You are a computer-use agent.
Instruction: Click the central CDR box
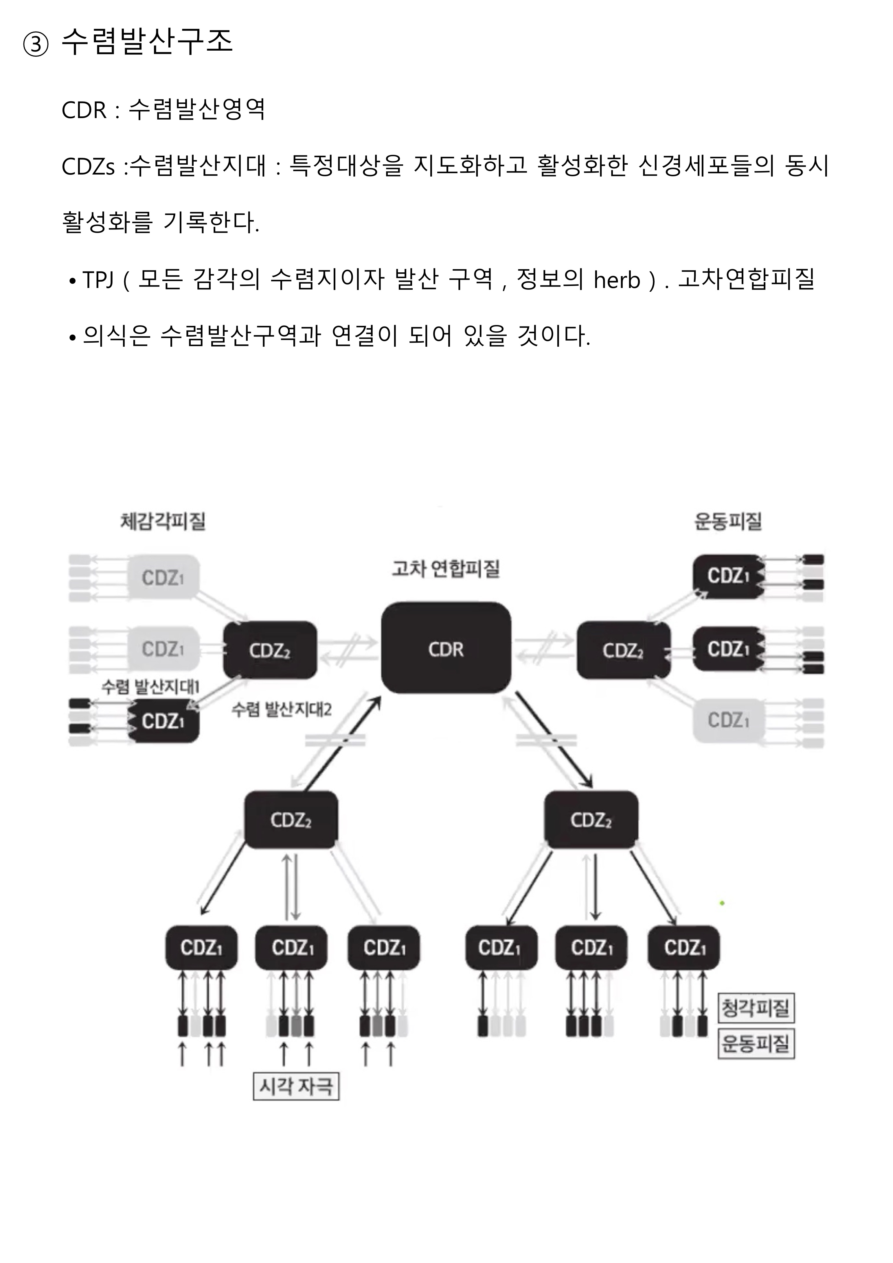click(x=445, y=648)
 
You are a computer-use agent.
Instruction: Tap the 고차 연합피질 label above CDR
click(x=445, y=568)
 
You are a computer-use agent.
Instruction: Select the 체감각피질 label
click(x=163, y=521)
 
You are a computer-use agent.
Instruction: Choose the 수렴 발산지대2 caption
click(x=282, y=709)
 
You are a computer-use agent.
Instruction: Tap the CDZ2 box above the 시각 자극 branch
click(x=291, y=820)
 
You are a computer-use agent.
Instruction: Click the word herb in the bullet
click(x=617, y=280)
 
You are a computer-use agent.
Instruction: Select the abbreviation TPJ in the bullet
click(x=98, y=280)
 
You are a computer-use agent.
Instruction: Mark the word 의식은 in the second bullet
click(x=116, y=335)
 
